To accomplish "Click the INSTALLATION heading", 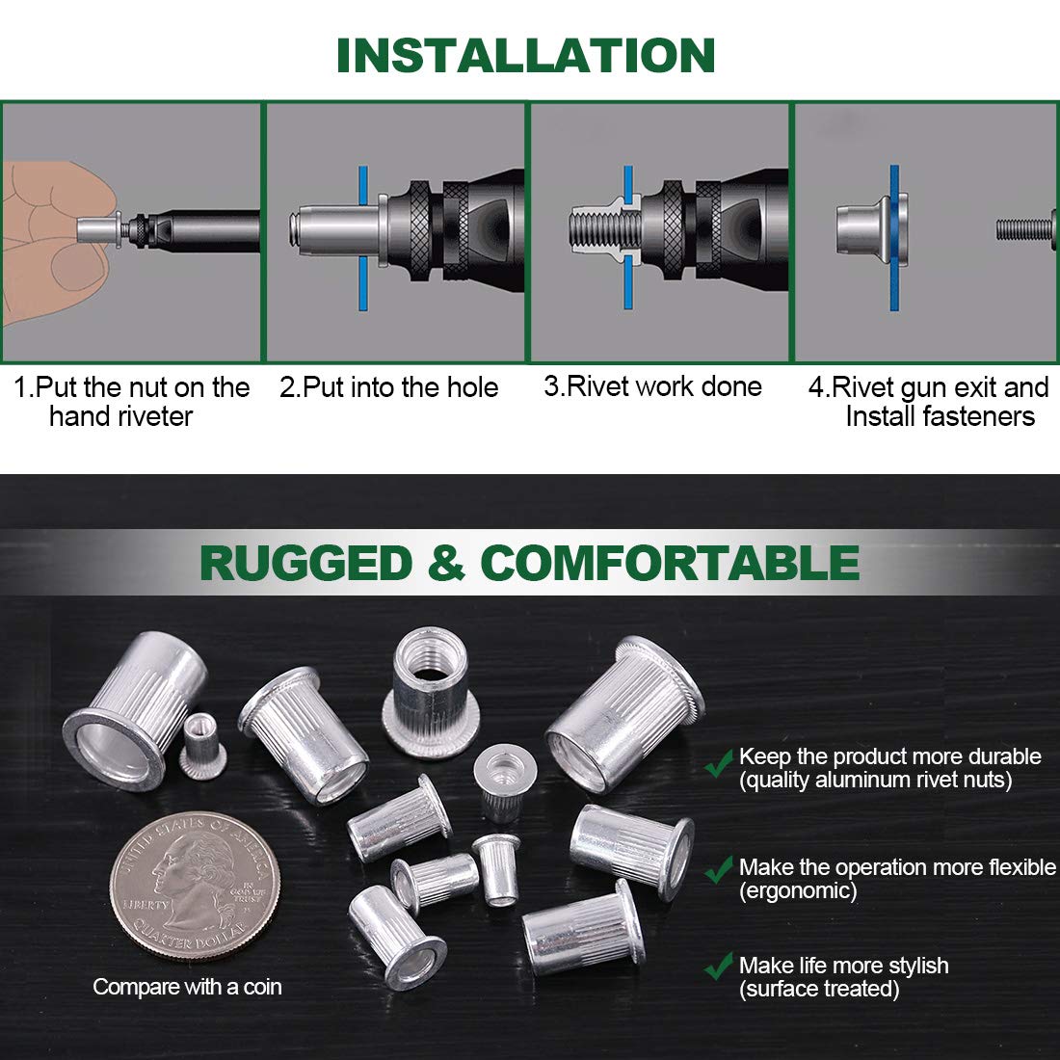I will (525, 55).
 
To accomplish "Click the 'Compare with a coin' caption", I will (187, 987).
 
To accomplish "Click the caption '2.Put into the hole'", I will (388, 387).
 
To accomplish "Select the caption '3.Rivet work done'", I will (652, 386).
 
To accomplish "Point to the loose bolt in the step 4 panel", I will (1026, 229).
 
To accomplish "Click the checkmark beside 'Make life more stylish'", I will (718, 967).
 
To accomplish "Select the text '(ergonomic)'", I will (797, 890).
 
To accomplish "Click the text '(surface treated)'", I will (819, 989).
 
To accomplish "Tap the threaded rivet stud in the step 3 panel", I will (596, 229).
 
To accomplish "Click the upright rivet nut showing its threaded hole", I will (430, 686).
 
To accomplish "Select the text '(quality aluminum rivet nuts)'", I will (875, 780).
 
